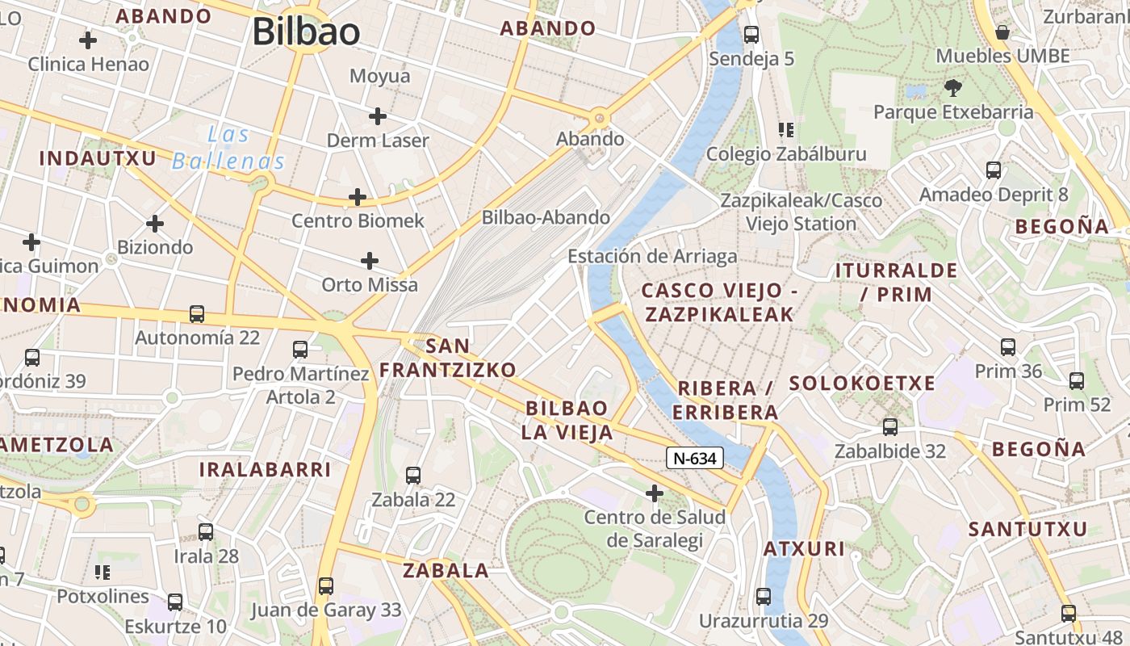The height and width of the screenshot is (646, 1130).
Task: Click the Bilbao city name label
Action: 306,32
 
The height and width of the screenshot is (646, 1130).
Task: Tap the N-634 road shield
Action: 694,458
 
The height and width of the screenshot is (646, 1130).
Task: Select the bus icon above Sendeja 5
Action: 751,35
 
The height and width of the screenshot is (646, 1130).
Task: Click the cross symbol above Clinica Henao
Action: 88,40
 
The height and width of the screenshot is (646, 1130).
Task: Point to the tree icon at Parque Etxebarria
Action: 953,87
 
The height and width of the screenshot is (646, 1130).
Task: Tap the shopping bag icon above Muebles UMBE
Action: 1002,32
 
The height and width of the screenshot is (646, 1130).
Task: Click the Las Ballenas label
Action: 228,147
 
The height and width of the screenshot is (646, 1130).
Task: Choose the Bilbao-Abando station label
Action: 546,217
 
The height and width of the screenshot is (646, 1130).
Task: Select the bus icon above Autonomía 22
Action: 196,313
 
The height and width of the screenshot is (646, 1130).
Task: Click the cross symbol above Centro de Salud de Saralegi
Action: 655,493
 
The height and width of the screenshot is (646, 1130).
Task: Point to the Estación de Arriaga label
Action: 652,256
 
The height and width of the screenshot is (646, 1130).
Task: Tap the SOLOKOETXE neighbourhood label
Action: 862,384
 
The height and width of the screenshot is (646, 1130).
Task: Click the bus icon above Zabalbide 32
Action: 890,426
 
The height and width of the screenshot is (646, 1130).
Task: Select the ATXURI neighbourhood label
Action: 804,550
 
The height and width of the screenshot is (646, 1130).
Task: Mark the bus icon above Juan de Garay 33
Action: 326,585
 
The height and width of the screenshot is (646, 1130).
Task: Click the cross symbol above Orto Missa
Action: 370,260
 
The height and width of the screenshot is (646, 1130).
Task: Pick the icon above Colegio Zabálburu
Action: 786,129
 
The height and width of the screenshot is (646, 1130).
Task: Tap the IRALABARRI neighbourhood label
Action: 265,469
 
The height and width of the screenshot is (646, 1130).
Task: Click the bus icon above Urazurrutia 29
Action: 764,597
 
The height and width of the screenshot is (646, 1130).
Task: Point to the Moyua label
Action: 379,76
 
